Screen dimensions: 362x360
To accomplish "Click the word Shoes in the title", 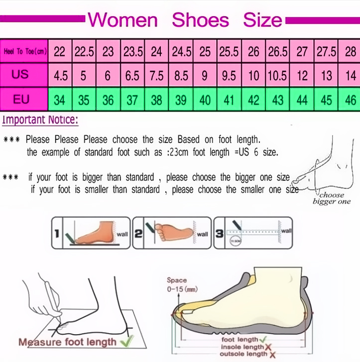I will [201, 20].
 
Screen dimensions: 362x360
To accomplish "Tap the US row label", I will [21, 75].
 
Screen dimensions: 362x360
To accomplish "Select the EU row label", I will [21, 99].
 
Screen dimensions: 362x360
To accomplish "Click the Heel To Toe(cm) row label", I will [24, 51].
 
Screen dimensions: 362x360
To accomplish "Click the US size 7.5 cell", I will [157, 76].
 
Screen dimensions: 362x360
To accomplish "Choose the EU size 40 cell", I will [205, 100].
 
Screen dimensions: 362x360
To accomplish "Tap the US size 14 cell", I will [351, 76].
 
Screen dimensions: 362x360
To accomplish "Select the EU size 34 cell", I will [60, 100].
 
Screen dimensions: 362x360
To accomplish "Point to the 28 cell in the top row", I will [351, 51].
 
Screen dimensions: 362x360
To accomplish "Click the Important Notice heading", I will [40, 120].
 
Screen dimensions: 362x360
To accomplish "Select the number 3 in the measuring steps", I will [219, 232].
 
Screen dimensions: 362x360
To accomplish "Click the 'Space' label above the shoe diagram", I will [177, 280].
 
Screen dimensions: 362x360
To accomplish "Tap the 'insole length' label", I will [242, 347].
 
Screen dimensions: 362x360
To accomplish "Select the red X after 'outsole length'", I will [273, 354].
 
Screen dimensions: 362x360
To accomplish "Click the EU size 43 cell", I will [278, 100].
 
